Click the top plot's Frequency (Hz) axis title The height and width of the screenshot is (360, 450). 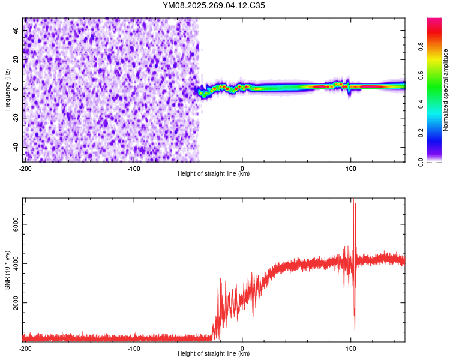point(7,89)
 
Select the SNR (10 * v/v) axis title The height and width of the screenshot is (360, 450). point(7,270)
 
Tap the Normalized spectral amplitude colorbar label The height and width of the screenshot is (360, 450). point(446,90)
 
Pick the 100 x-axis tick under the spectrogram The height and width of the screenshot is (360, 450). point(351,168)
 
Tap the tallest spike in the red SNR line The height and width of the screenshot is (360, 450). point(353,200)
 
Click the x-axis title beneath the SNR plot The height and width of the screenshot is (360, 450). point(214,354)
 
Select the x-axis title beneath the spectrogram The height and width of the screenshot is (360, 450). point(214,174)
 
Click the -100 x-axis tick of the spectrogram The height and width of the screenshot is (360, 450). point(134,168)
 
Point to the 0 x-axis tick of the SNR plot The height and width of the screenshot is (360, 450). point(242,349)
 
